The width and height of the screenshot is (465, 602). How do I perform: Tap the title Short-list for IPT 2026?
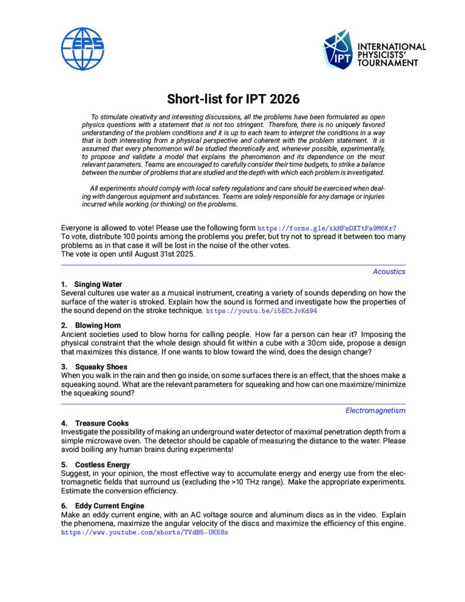pyautogui.click(x=233, y=98)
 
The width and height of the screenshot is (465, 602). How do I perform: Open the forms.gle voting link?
pyautogui.click(x=331, y=228)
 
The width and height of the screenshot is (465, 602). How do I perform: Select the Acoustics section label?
pyautogui.click(x=389, y=272)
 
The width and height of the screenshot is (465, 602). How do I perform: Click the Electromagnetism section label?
pyautogui.click(x=375, y=410)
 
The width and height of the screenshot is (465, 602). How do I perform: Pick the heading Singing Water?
pyautogui.click(x=98, y=285)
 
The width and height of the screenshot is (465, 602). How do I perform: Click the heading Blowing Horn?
pyautogui.click(x=98, y=325)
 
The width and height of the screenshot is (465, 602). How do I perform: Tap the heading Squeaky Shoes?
pyautogui.click(x=97, y=366)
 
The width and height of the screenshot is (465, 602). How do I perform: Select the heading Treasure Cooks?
pyautogui.click(x=102, y=423)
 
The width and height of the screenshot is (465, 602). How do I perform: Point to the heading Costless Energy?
pyautogui.click(x=102, y=464)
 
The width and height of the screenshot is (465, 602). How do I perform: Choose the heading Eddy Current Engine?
pyautogui.click(x=109, y=506)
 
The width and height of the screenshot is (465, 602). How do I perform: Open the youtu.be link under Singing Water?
pyautogui.click(x=262, y=310)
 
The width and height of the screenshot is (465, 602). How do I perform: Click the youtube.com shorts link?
pyautogui.click(x=145, y=533)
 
